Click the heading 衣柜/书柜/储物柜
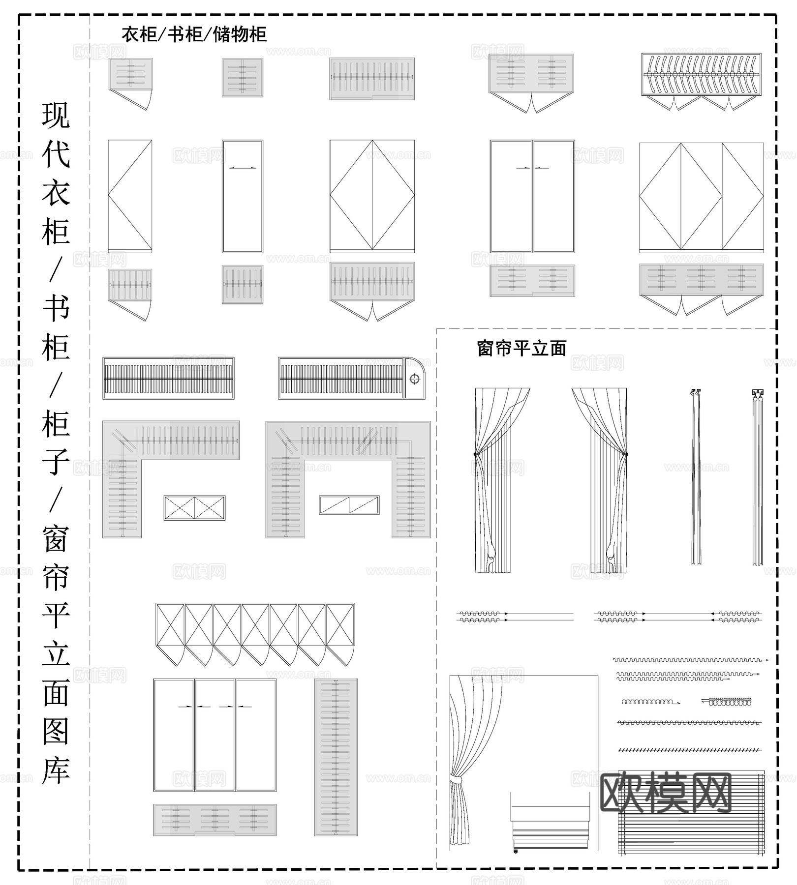click(194, 34)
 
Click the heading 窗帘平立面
click(521, 349)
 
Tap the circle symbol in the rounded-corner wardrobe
click(415, 379)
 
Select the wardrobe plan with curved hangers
click(701, 75)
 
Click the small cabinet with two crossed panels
click(194, 508)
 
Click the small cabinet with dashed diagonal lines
click(349, 505)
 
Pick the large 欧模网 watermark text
click(667, 793)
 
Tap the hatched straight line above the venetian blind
click(689, 750)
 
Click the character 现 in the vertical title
click(56, 116)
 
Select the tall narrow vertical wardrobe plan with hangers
click(336, 757)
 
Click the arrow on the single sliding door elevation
click(243, 168)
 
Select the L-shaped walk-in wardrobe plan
click(148, 467)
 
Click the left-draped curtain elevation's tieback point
click(475, 453)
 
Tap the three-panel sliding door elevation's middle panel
click(215, 735)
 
